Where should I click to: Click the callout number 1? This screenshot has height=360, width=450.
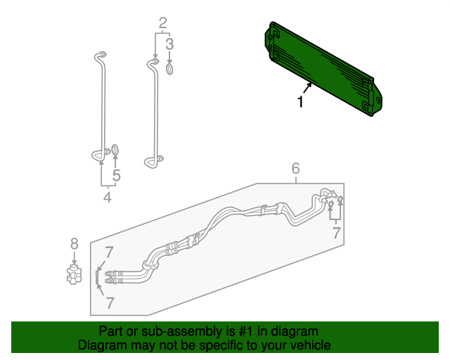point(300,102)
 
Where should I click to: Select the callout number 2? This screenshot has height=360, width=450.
point(162,23)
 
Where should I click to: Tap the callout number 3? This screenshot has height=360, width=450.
point(169,44)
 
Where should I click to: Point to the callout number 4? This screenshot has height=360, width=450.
point(108,198)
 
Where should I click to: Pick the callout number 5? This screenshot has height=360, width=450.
point(117,176)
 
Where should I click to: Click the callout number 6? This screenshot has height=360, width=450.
point(296,168)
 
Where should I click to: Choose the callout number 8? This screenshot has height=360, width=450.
point(74,244)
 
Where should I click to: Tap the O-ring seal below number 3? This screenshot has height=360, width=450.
point(169,69)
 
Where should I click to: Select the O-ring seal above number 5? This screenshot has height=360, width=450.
point(116,150)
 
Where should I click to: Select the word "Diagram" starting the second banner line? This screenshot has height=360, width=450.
point(100,346)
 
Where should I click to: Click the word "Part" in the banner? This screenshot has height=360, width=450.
point(111,331)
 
